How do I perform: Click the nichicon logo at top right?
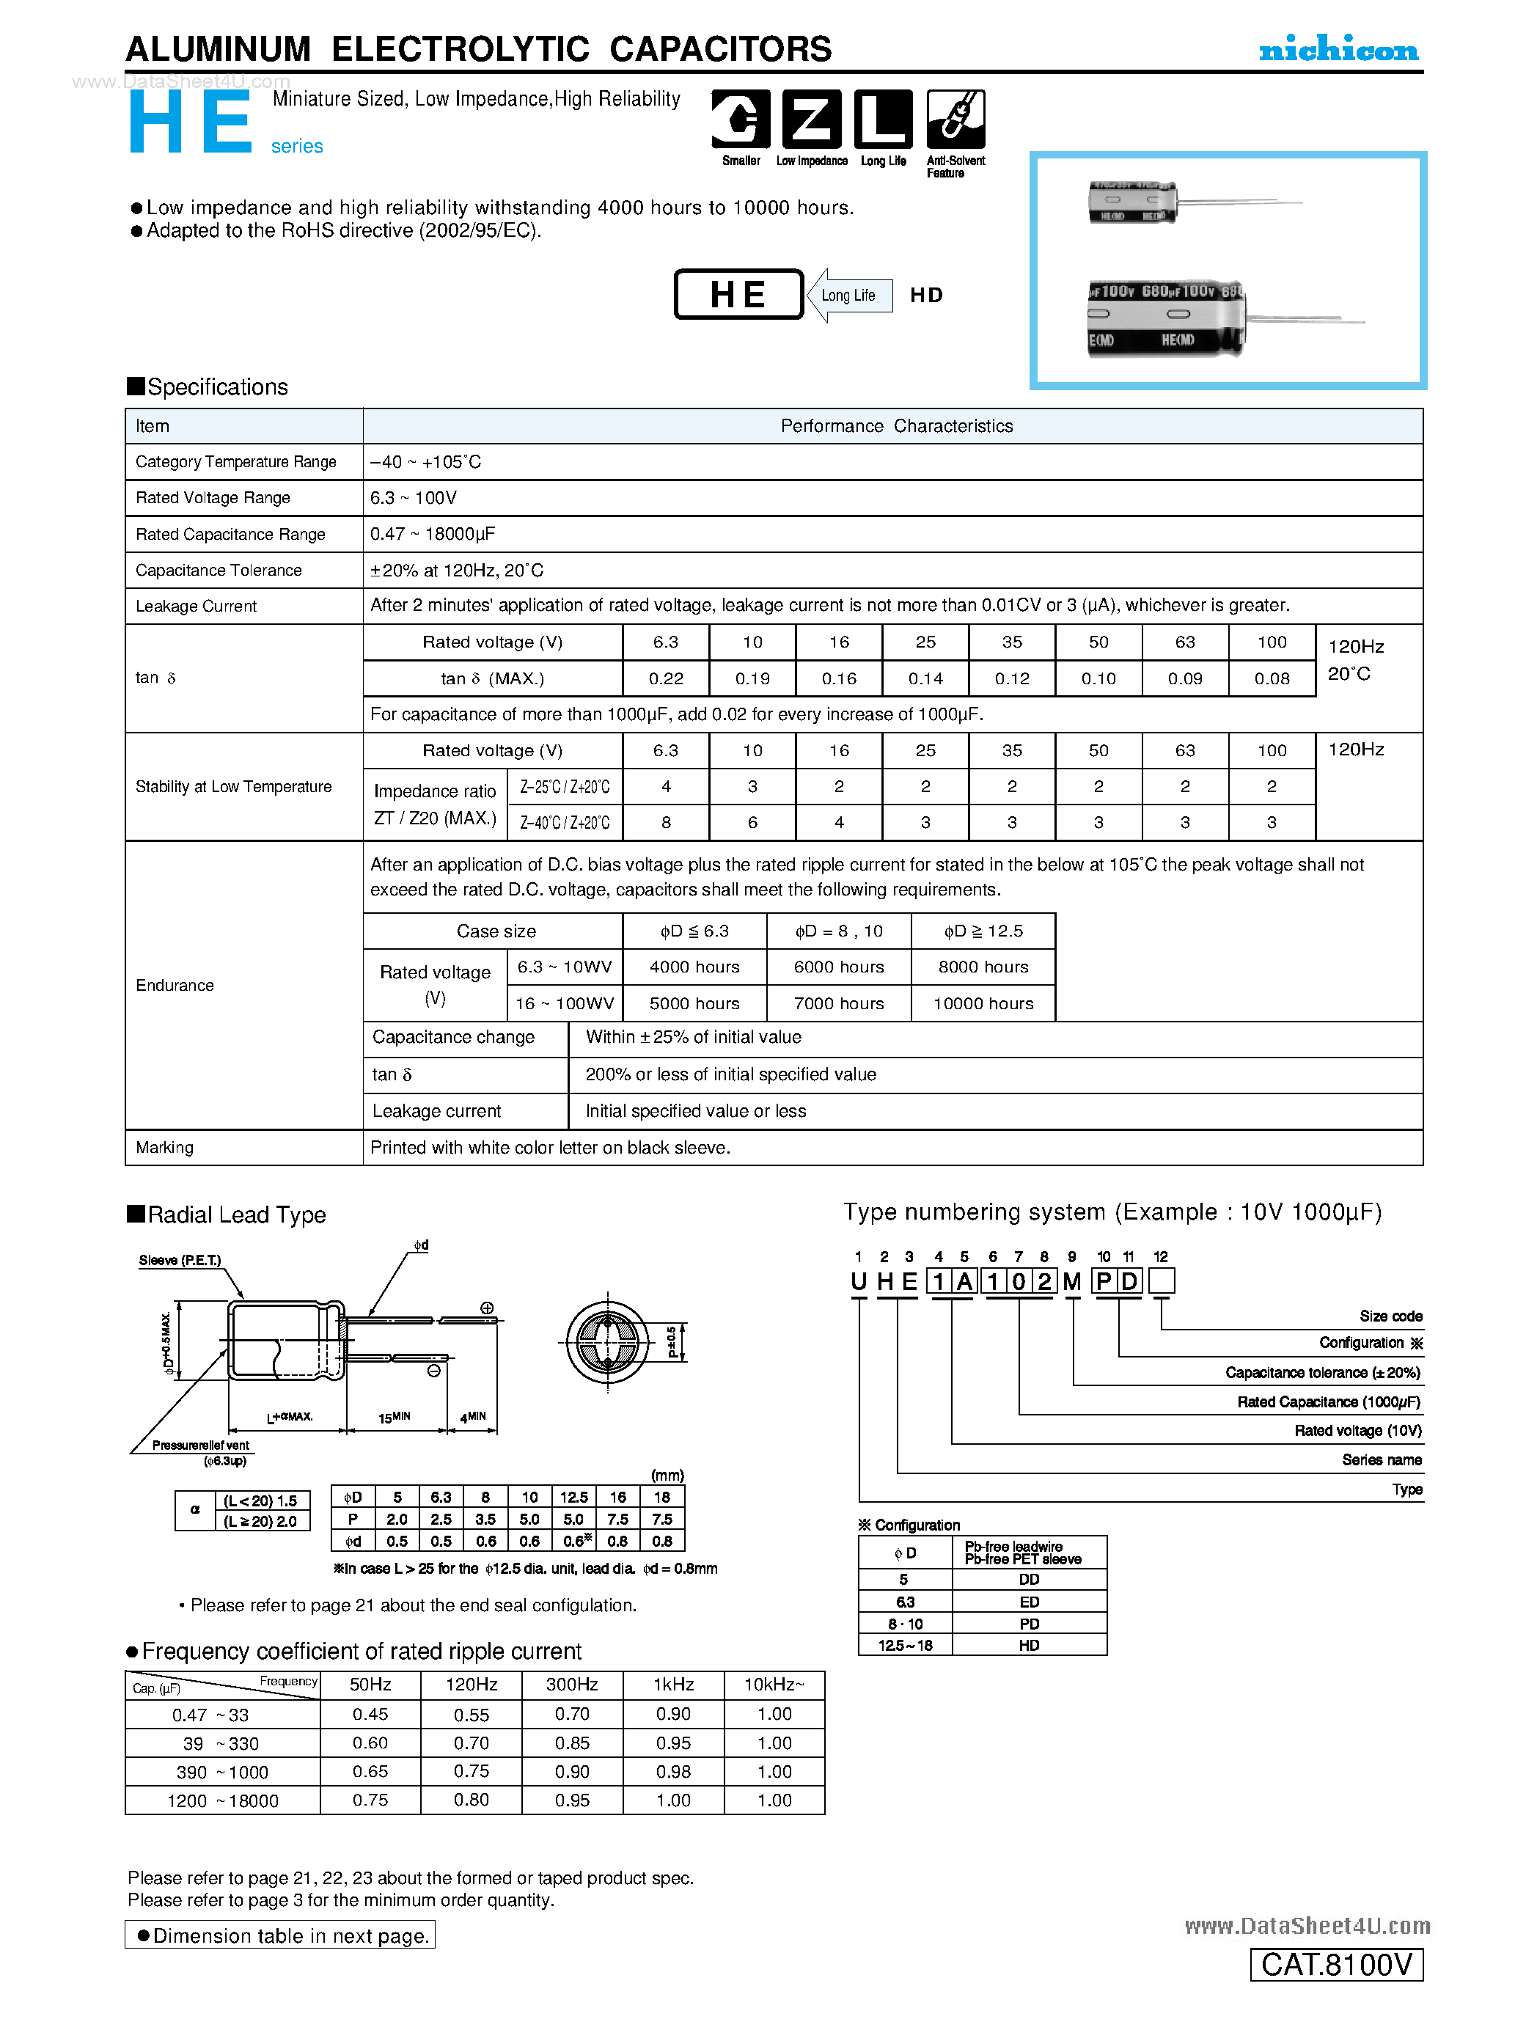click(x=1338, y=50)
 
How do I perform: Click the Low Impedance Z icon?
click(x=811, y=119)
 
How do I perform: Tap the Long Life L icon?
click(x=883, y=119)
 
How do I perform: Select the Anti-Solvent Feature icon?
click(x=955, y=119)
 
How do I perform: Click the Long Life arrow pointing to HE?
click(x=848, y=295)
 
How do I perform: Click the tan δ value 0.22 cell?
click(x=665, y=678)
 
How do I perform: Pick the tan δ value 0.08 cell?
click(x=1272, y=678)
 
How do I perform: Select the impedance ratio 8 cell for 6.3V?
click(x=665, y=822)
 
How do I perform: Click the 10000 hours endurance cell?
click(x=983, y=1003)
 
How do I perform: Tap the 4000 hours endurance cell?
click(x=694, y=967)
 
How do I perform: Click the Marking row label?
click(x=164, y=1147)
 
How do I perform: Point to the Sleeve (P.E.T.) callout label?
click(x=180, y=1261)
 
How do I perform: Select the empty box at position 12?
click(x=1161, y=1281)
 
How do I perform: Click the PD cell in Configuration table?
click(x=1029, y=1624)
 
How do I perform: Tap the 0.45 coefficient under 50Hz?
click(x=370, y=1714)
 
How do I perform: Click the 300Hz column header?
click(x=572, y=1684)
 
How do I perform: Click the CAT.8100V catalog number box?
click(x=1336, y=1964)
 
